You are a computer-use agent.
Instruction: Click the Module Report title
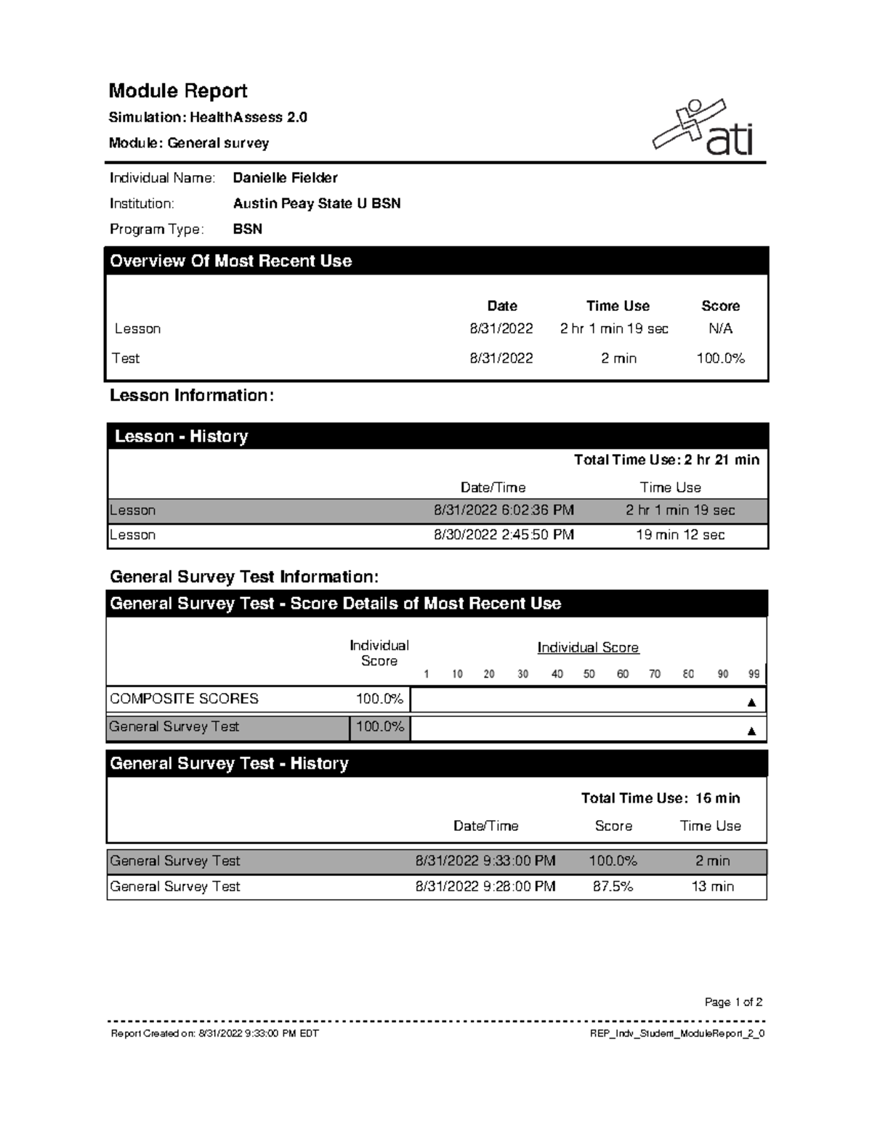click(178, 91)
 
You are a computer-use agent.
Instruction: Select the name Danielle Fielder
click(285, 178)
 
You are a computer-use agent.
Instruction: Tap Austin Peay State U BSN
click(317, 203)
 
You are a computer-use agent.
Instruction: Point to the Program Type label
click(156, 230)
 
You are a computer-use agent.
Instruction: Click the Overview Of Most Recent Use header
click(230, 261)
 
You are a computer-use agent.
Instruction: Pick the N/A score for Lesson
click(720, 329)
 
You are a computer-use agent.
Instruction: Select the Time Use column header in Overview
click(618, 306)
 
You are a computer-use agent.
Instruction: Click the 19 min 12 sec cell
click(680, 535)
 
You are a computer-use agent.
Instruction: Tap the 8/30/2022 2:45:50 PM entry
click(504, 535)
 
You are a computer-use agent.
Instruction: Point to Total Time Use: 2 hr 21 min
click(666, 460)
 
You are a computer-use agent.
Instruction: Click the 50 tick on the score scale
click(589, 674)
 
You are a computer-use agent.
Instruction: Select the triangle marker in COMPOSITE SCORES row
click(751, 702)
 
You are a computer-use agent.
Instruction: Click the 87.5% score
click(613, 887)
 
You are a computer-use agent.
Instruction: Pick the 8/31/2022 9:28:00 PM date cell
click(485, 887)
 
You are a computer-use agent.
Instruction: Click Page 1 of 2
click(733, 1002)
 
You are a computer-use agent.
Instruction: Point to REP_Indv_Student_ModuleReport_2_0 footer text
click(677, 1034)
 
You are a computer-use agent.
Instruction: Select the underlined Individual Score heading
click(588, 647)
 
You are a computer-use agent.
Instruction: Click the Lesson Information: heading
click(192, 396)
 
